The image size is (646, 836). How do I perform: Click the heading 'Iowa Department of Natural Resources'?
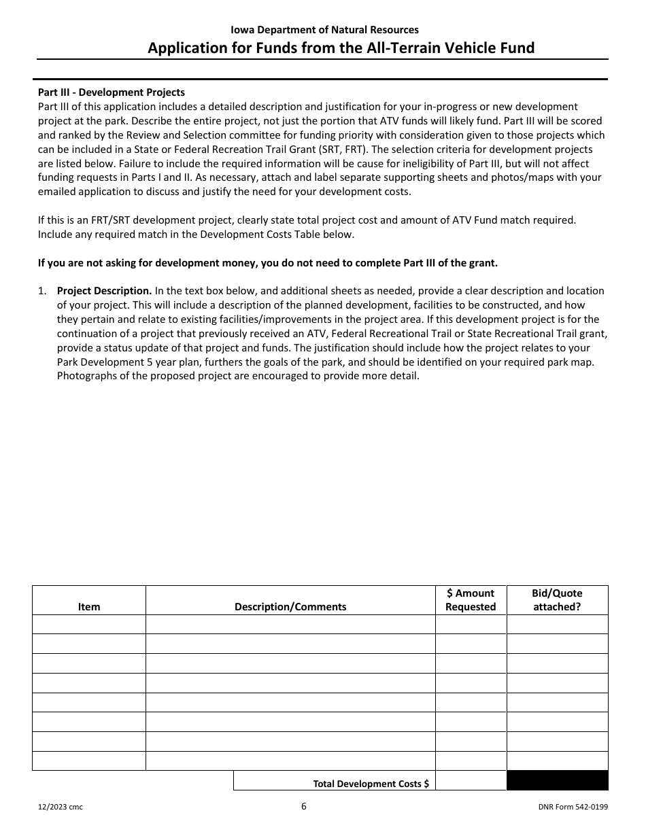click(324, 30)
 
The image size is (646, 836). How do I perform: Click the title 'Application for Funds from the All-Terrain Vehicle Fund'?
click(341, 48)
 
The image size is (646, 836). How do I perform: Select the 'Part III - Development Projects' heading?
click(112, 92)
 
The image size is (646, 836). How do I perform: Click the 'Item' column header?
click(89, 607)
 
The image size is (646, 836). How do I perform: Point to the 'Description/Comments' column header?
click(290, 607)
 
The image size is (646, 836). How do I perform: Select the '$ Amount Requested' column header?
click(471, 600)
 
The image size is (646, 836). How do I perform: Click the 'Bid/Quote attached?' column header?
click(557, 600)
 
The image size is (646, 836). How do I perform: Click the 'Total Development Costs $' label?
click(371, 784)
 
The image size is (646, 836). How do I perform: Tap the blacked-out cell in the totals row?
click(557, 781)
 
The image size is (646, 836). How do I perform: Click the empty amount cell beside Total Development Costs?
click(471, 781)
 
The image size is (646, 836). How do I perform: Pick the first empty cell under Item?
click(89, 625)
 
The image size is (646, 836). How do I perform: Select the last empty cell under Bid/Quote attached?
click(557, 761)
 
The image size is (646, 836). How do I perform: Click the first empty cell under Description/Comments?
click(290, 625)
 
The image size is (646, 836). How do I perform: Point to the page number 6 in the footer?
click(304, 807)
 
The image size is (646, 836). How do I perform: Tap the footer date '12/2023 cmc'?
click(61, 807)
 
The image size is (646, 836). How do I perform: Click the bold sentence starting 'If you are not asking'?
click(268, 263)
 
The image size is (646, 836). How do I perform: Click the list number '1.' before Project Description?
click(42, 291)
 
